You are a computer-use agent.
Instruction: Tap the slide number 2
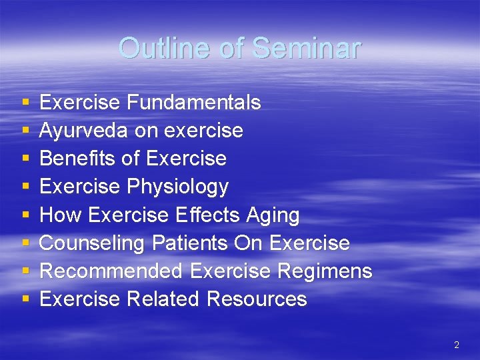[x=457, y=345]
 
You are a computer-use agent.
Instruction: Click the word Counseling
[x=92, y=243]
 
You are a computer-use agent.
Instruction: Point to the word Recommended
[x=111, y=271]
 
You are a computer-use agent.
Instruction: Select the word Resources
[x=257, y=299]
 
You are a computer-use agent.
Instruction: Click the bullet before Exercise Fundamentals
[x=25, y=103]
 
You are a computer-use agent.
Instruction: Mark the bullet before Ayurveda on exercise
[x=25, y=131]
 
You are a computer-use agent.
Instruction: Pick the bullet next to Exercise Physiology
[x=25, y=187]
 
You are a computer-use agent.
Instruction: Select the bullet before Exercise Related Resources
[x=25, y=300]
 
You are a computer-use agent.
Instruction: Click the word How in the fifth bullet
[x=61, y=215]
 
